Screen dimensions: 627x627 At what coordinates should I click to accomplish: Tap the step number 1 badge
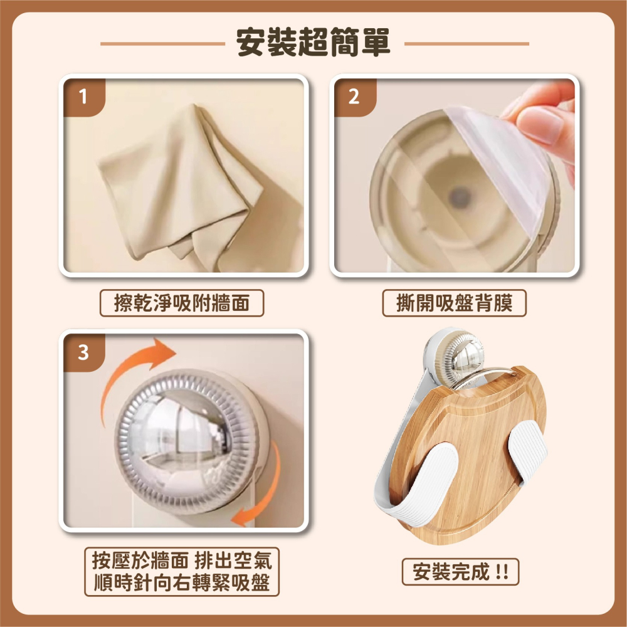(x=83, y=97)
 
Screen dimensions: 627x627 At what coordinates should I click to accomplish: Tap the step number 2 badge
(x=354, y=97)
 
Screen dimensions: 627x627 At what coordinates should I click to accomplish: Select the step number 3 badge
(x=83, y=352)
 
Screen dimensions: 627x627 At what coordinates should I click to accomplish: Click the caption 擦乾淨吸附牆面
(x=182, y=304)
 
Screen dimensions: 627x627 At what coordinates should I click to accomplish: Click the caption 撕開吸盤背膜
(x=455, y=304)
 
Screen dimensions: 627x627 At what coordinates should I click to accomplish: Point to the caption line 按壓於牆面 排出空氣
(x=182, y=560)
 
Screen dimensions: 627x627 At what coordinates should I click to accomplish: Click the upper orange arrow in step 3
(x=135, y=370)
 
